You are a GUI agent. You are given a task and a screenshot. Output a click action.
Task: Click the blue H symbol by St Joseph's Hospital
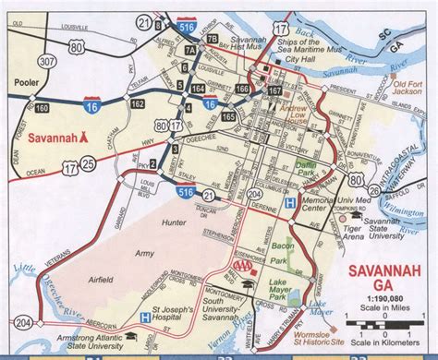point(143,318)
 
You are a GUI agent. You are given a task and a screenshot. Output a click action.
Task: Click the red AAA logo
point(242,267)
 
